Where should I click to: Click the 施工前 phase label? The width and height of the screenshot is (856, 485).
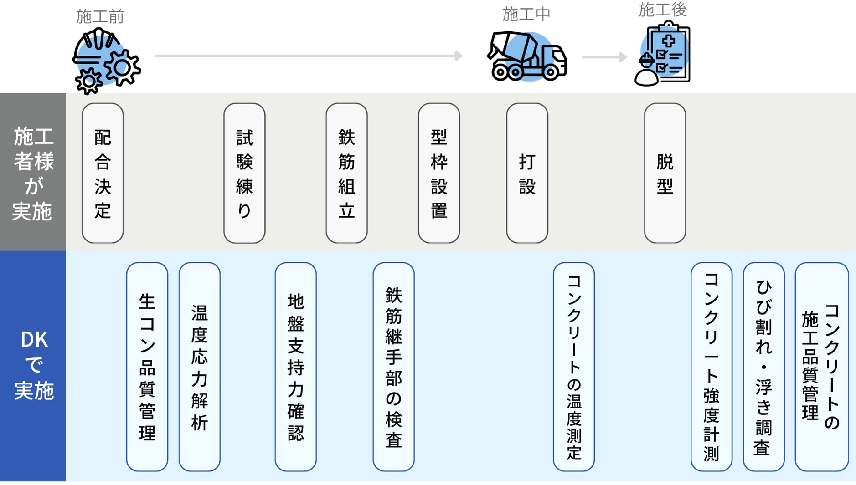click(x=100, y=17)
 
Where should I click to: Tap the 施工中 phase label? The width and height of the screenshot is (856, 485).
click(x=526, y=15)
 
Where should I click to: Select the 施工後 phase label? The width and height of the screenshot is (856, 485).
click(x=662, y=10)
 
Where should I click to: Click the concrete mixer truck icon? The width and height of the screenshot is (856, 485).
click(x=526, y=57)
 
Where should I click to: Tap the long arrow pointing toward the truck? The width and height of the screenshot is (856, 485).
click(x=308, y=56)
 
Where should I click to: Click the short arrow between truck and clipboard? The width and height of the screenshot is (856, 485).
click(x=604, y=57)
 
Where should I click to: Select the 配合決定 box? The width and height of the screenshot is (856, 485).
click(x=103, y=173)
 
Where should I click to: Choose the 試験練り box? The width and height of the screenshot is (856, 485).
click(x=244, y=173)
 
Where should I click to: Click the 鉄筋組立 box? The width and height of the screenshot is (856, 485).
click(x=346, y=173)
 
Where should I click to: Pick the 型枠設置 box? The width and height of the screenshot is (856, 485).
click(x=439, y=173)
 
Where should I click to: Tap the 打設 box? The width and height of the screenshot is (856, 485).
click(x=527, y=173)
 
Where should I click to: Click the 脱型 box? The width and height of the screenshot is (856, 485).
click(x=665, y=173)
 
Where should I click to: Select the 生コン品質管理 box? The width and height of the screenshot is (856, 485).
click(x=147, y=367)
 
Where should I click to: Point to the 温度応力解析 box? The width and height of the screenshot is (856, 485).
click(x=200, y=367)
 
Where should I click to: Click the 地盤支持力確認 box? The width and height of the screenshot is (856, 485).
click(x=295, y=367)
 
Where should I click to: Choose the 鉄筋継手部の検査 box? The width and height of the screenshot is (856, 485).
click(x=393, y=367)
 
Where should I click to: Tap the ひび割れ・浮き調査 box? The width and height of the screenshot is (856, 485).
click(x=763, y=367)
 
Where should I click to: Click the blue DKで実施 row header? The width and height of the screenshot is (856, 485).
click(x=33, y=366)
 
